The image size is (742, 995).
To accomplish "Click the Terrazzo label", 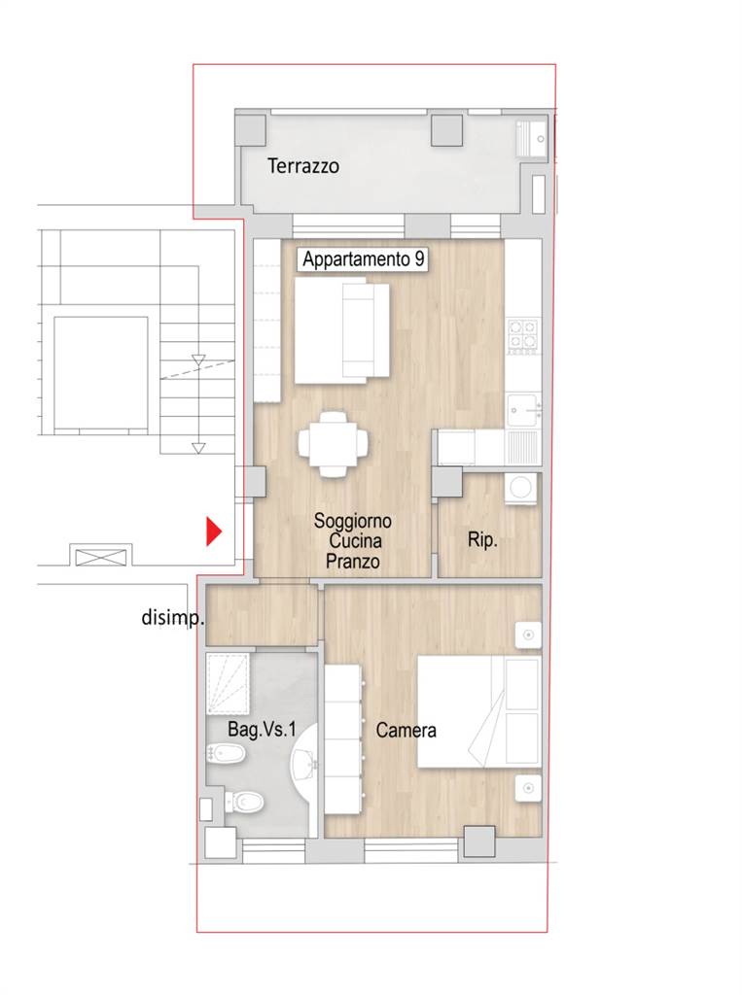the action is coord(303,166).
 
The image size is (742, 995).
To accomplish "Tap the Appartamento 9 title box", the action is coord(363,259).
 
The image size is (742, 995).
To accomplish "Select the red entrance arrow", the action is coord(214,532).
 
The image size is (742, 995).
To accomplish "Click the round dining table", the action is coord(334,444).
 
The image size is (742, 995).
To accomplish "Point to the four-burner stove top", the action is coord(523,335).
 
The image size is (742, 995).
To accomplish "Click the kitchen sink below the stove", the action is coord(523,410).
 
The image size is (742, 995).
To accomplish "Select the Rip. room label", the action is coord(482,540).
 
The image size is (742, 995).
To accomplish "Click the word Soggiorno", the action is coord(353,521).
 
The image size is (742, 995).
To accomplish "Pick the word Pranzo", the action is coord(353,561).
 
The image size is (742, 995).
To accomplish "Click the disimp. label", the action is coord(172,617).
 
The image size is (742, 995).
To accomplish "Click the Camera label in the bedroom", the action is coord(406,731).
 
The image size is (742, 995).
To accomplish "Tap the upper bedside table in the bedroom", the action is coord(528,635).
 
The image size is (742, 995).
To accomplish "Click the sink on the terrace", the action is coord(531,139).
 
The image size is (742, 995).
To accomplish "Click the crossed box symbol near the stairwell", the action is coord(101,557).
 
